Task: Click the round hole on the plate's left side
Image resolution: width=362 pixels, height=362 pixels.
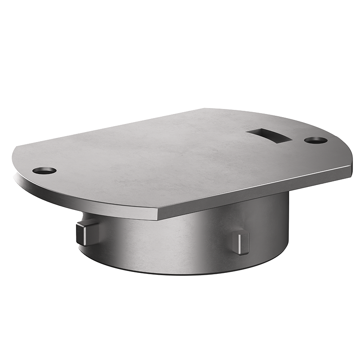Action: [x=44, y=171]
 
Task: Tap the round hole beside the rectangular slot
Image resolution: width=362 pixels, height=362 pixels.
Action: [x=315, y=140]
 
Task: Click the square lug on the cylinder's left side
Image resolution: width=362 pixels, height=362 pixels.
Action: [x=86, y=233]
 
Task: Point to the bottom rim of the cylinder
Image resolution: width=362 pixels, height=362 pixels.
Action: [x=181, y=271]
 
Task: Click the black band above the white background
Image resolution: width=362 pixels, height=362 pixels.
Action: [x=181, y=54]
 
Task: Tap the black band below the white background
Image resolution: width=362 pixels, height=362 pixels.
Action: [x=181, y=317]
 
